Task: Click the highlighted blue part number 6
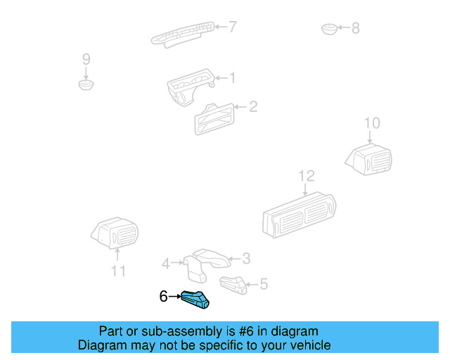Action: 196,300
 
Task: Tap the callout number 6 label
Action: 163,297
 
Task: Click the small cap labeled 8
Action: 329,29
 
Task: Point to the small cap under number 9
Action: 86,85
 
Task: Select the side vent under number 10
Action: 370,160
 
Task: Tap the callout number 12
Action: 307,176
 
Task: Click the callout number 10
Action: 371,124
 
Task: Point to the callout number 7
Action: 233,27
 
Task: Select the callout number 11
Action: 118,271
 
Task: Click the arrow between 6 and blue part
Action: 174,297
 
